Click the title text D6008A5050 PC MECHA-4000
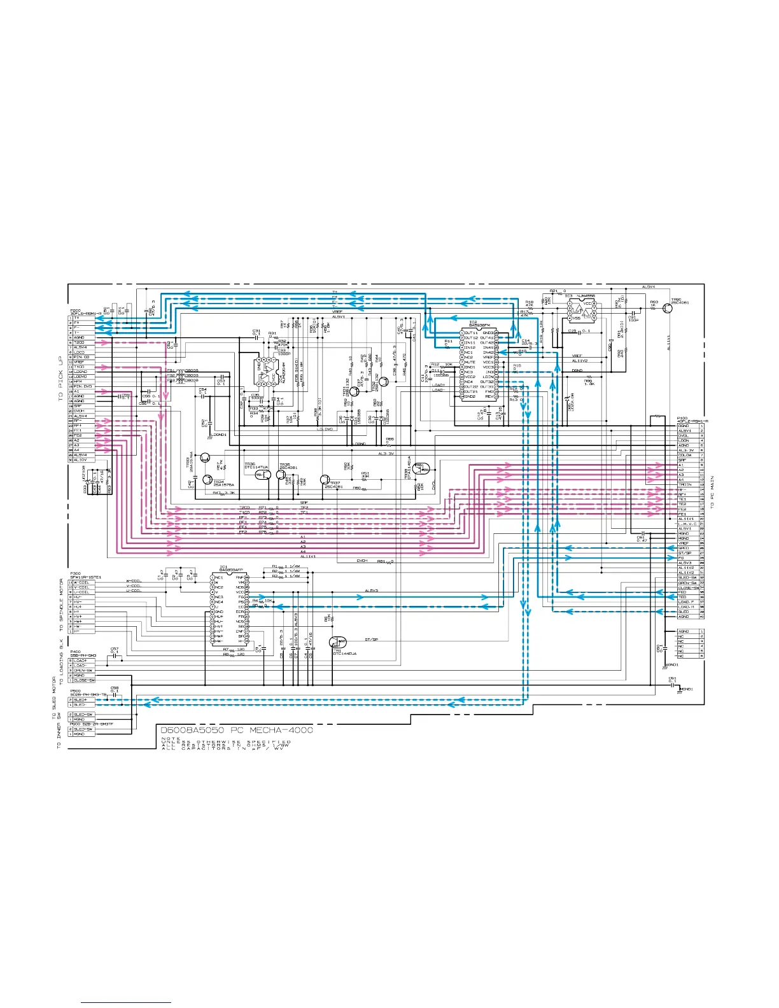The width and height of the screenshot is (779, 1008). coord(237,730)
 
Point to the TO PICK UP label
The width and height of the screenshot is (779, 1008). coord(61,378)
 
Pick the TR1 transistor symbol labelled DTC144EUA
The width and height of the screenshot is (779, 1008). coord(338,642)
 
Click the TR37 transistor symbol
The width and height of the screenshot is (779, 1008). coord(325,479)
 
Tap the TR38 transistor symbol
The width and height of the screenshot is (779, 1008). coord(281,474)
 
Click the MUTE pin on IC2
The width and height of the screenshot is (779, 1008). coord(469,362)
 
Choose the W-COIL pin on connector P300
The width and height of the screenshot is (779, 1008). coord(82,582)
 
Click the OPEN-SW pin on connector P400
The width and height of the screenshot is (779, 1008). coord(83,671)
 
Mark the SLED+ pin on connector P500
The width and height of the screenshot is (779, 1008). coord(80,700)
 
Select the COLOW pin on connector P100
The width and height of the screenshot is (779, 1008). coord(685,456)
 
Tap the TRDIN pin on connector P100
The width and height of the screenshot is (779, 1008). coord(685,485)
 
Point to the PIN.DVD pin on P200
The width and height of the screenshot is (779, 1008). coord(83,387)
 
